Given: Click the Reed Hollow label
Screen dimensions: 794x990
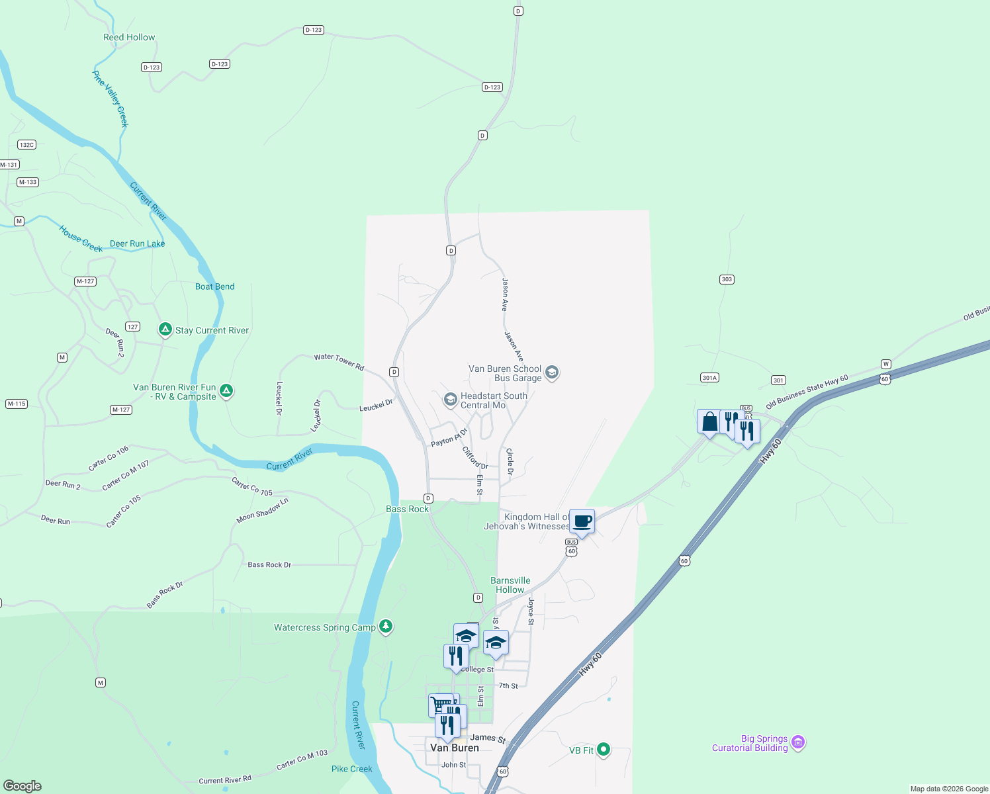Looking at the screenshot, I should (129, 38).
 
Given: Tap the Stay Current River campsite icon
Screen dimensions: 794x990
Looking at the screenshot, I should (165, 330).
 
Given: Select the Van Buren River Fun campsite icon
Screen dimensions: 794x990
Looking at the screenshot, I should (226, 391).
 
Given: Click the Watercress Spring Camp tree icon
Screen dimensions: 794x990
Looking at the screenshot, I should (386, 627).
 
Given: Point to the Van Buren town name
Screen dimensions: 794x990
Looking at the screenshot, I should (454, 748).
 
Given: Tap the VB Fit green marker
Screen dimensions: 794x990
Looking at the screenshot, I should (603, 750).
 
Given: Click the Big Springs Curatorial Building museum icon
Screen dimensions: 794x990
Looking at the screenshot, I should (798, 742).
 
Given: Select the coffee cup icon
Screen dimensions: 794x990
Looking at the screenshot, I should (582, 521).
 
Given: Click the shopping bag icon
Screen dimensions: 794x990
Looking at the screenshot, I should (709, 421).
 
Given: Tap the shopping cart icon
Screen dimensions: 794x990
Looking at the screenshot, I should (439, 705).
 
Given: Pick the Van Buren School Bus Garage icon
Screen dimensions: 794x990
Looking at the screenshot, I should (552, 373).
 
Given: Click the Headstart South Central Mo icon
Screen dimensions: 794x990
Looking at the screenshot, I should (450, 400).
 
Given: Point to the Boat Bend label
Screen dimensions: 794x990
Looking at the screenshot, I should (215, 287).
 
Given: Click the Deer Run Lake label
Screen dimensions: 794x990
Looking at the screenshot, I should (138, 243).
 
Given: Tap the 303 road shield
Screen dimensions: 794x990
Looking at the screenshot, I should (727, 279).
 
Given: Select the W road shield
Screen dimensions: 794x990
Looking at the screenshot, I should (885, 364).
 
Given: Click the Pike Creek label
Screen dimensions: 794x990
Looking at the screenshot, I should (352, 769).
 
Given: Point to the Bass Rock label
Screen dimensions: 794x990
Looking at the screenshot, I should (407, 509).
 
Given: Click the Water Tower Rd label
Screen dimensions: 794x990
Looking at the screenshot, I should (339, 361).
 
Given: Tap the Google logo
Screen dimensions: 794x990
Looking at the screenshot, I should (22, 785).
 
